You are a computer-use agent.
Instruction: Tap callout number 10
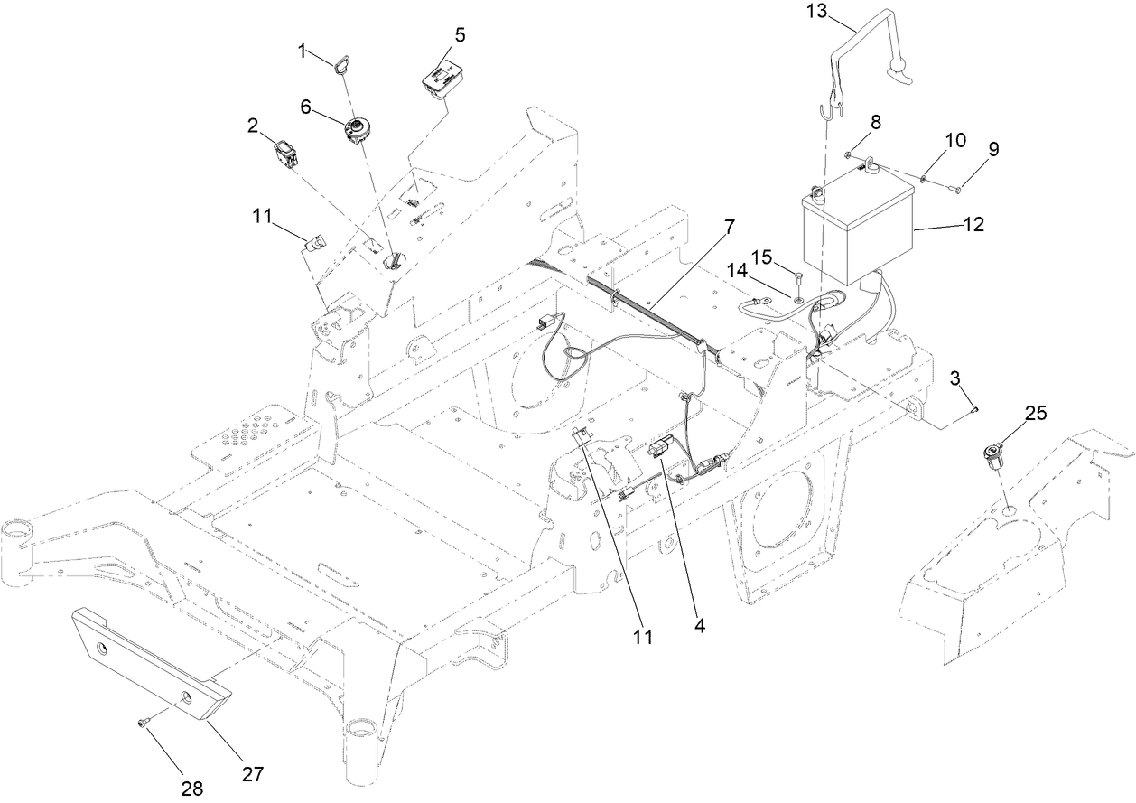click(x=955, y=141)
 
